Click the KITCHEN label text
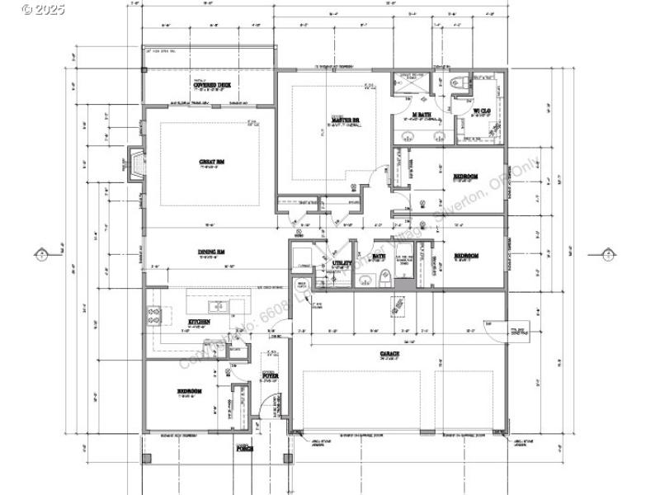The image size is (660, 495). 199,322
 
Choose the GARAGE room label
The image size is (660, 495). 390,353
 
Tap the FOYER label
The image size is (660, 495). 270,375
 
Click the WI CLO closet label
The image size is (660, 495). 482,111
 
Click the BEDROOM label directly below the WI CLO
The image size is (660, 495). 466,176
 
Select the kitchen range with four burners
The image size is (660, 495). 154,314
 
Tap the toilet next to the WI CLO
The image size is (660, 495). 460,82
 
